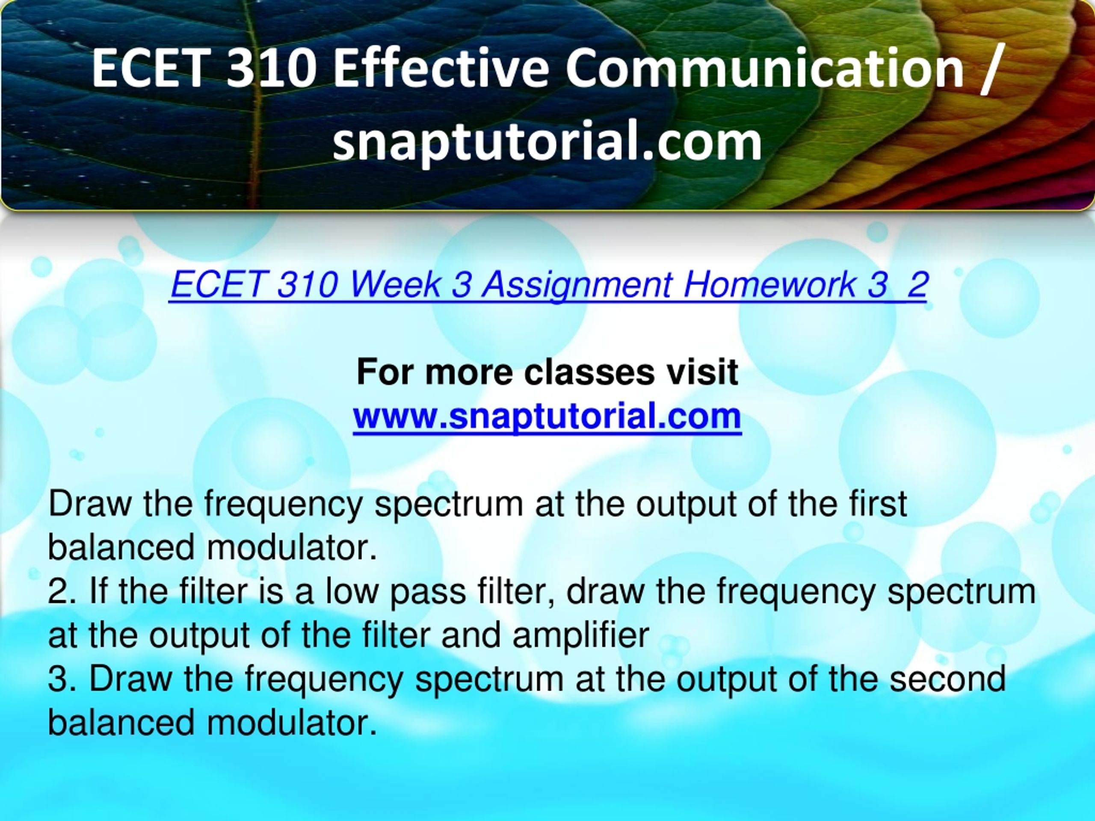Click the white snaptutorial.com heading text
click(547, 142)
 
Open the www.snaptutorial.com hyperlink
click(547, 416)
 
